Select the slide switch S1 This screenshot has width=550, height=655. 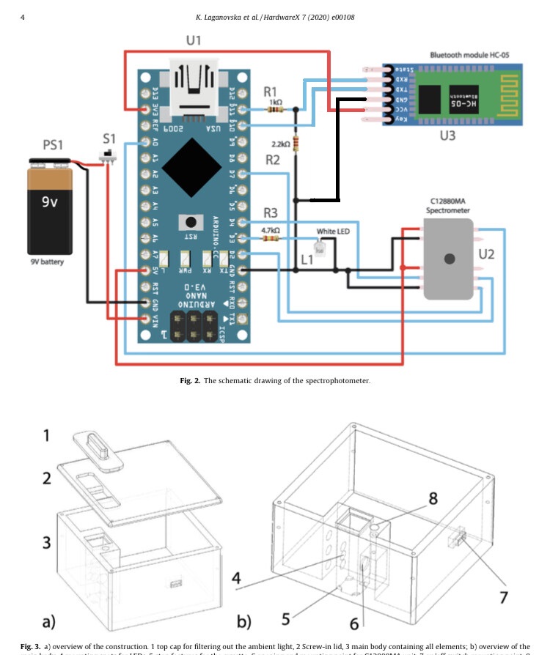pyautogui.click(x=109, y=156)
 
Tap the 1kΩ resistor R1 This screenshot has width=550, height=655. pyautogui.click(x=275, y=110)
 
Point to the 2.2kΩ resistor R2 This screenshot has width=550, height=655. pyautogui.click(x=296, y=144)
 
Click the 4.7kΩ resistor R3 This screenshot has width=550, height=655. pyautogui.click(x=271, y=238)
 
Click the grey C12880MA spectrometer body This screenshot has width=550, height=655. pyautogui.click(x=448, y=259)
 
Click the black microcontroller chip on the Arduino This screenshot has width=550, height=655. pyautogui.click(x=191, y=167)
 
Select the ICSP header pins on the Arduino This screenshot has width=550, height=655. pyautogui.click(x=194, y=322)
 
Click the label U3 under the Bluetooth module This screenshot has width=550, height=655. pyautogui.click(x=447, y=136)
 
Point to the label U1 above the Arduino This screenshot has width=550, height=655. pyautogui.click(x=193, y=41)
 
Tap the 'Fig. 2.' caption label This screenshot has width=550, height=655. pyautogui.click(x=190, y=381)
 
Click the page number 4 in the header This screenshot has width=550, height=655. pyautogui.click(x=23, y=17)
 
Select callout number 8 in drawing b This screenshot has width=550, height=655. pyautogui.click(x=433, y=498)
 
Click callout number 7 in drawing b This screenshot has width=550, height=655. pyautogui.click(x=503, y=598)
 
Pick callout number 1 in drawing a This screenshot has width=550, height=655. pyautogui.click(x=46, y=435)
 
